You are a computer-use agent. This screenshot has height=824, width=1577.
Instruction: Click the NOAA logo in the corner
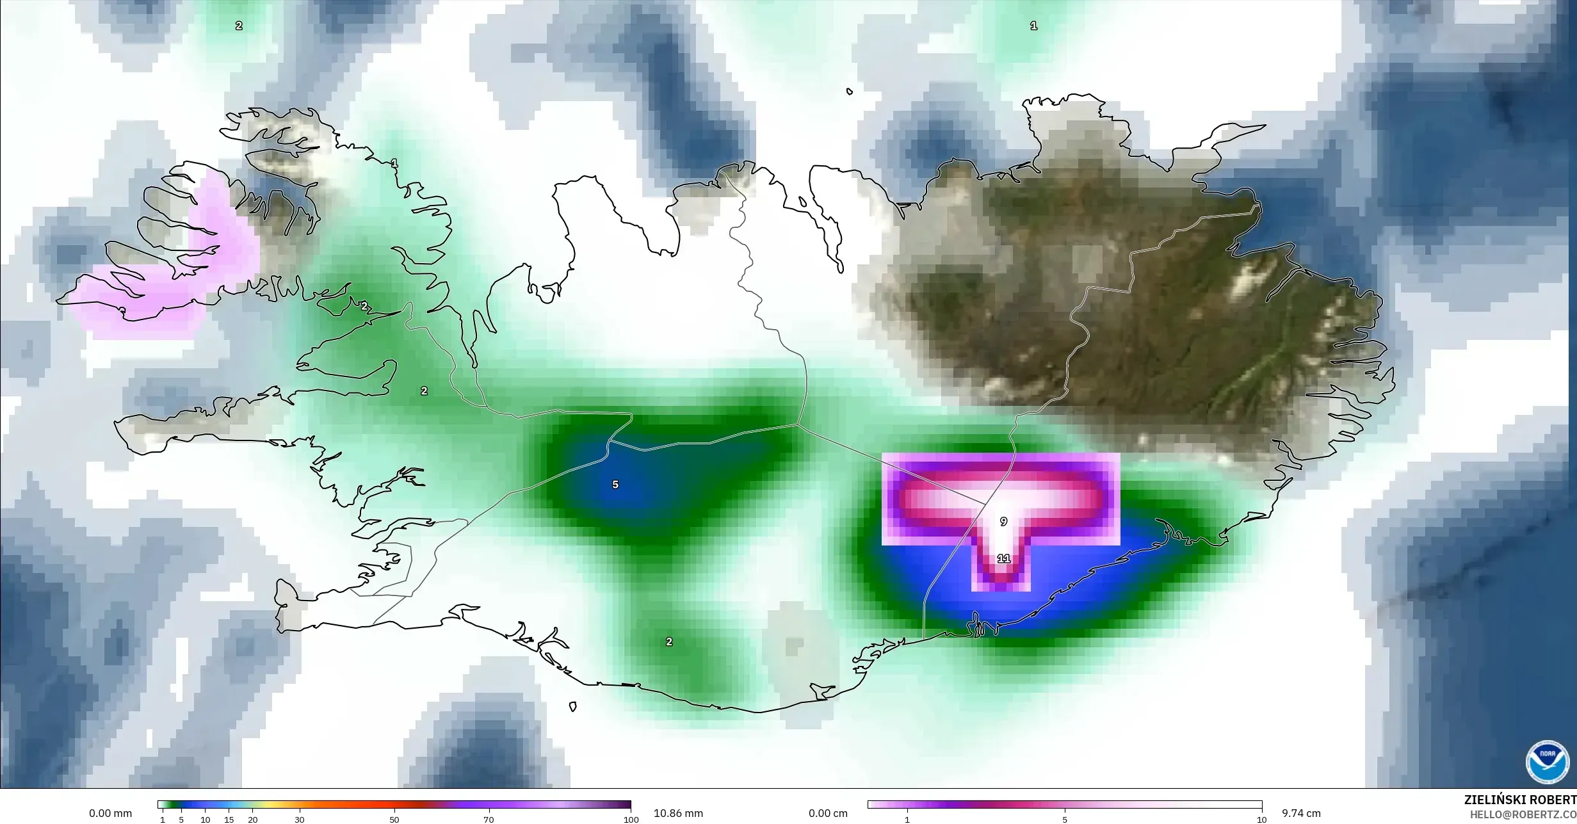(1548, 762)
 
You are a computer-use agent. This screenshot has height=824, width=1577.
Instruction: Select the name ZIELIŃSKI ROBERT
(1520, 800)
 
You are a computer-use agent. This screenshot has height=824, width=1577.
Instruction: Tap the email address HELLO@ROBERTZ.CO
(1523, 814)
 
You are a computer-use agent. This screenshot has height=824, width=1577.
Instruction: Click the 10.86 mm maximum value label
(678, 814)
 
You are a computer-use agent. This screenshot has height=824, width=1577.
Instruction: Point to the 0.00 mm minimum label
(111, 814)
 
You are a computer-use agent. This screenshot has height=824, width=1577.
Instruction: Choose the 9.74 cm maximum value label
(1301, 814)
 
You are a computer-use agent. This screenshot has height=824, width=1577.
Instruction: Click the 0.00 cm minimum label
(828, 814)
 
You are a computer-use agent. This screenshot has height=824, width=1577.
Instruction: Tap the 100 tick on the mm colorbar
(631, 820)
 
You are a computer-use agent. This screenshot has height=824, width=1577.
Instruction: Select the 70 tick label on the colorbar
(489, 820)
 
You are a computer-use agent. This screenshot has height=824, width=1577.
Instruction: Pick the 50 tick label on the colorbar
(394, 820)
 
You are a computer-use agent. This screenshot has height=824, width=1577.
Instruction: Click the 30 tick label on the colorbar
(300, 820)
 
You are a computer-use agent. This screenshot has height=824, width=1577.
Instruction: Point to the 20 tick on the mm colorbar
(253, 820)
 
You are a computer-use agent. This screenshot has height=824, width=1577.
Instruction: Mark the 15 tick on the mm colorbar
(229, 820)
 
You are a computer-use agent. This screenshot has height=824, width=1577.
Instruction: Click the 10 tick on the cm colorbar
(1261, 820)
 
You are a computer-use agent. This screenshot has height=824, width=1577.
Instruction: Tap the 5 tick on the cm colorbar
(1065, 820)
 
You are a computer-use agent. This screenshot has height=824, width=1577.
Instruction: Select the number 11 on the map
(1003, 559)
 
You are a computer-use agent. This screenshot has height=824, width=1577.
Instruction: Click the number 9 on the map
(1003, 522)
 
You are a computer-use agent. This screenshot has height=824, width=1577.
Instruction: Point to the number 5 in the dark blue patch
(615, 485)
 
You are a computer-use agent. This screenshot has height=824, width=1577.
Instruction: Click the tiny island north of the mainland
(850, 92)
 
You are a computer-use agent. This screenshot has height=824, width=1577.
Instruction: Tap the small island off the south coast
(573, 707)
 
